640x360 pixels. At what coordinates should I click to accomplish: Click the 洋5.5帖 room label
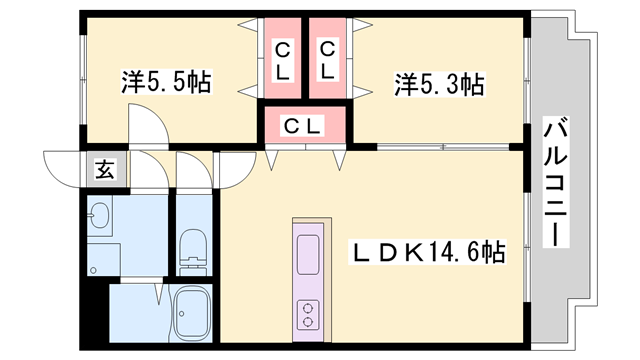coord(166,81)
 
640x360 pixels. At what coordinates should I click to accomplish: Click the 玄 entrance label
coord(104,169)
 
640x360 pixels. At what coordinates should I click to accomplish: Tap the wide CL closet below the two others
coord(304,126)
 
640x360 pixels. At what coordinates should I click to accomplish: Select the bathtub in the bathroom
coord(190,314)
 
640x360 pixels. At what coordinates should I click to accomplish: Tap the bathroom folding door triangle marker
coord(159,291)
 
